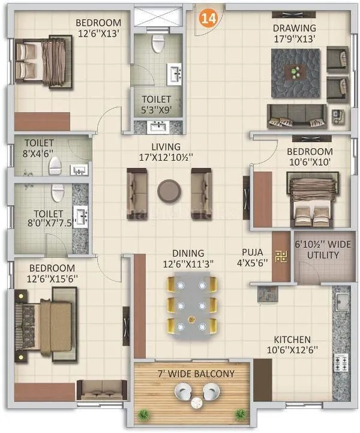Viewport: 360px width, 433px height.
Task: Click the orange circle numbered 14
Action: [209, 19]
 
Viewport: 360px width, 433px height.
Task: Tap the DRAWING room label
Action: [295, 28]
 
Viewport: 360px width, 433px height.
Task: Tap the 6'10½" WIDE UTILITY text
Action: [317, 250]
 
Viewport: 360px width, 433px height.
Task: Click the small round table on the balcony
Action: [196, 404]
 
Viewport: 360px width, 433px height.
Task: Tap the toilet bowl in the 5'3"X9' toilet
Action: [158, 43]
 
